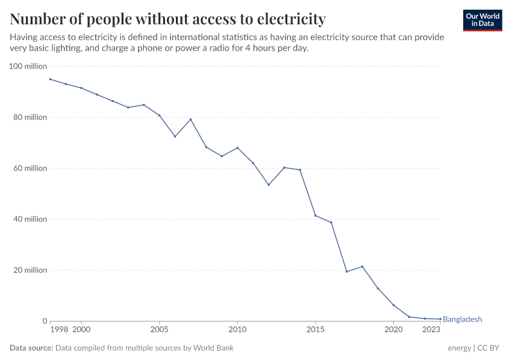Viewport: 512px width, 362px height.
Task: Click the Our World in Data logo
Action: pyautogui.click(x=482, y=21)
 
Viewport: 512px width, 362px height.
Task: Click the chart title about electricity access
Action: pyautogui.click(x=167, y=19)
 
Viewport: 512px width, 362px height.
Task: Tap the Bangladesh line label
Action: pyautogui.click(x=462, y=319)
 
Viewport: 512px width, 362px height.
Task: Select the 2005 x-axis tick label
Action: pyautogui.click(x=159, y=329)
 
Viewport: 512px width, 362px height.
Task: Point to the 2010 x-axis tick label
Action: pyautogui.click(x=237, y=329)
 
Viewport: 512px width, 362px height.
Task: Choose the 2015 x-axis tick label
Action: pyautogui.click(x=315, y=329)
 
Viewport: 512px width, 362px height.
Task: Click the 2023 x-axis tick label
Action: pyautogui.click(x=431, y=329)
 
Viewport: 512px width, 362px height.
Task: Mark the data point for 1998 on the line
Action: pyautogui.click(x=50, y=79)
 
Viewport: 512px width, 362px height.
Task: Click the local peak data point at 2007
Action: pyautogui.click(x=190, y=119)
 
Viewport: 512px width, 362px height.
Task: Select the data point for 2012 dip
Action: pyautogui.click(x=269, y=185)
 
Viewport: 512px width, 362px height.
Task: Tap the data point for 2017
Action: pyautogui.click(x=346, y=271)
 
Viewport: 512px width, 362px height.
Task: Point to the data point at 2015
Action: pyautogui.click(x=315, y=215)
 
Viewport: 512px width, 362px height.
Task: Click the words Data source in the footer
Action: pyautogui.click(x=31, y=348)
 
